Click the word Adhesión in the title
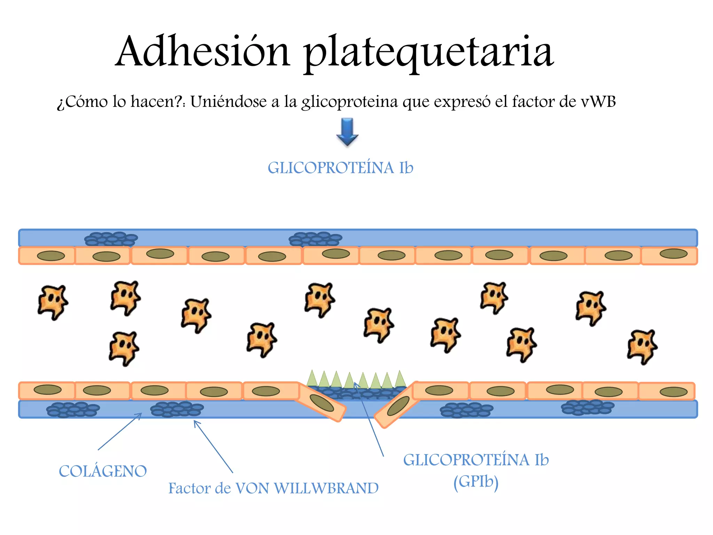203,52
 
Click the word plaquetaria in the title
428,52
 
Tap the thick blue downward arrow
347,131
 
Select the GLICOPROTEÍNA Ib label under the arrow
340,168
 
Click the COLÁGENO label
103,471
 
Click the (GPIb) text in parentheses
476,482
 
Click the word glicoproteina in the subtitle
349,102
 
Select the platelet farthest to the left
52,302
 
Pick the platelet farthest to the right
642,346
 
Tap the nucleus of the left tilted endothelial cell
322,403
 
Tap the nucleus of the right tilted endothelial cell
398,406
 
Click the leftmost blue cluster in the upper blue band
111,239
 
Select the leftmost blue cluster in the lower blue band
73,409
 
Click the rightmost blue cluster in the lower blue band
587,407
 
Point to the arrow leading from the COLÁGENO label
120,432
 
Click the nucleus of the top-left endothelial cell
51,256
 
